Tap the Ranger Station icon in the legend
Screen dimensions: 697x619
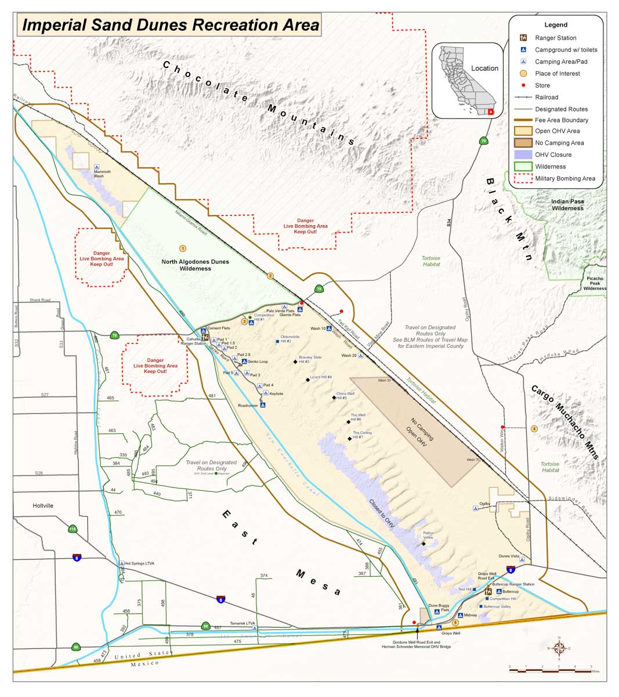[x=523, y=38]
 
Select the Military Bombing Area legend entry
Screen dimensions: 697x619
[x=564, y=178]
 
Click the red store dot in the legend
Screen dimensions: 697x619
[x=523, y=85]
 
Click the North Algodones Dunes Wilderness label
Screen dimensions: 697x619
[x=195, y=265]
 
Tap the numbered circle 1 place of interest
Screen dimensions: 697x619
[x=183, y=249]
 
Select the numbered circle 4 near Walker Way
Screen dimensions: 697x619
[x=534, y=429]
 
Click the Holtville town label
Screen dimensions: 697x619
[x=43, y=506]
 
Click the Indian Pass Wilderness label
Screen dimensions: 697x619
[x=567, y=204]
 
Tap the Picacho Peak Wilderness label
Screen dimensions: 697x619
[x=594, y=283]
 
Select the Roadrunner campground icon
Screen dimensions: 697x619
[x=263, y=405]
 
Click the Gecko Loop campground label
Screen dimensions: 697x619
[x=258, y=361]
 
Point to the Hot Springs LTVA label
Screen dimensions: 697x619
[x=140, y=563]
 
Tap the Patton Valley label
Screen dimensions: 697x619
[x=428, y=535]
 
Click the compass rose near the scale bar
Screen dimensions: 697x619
[x=559, y=648]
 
